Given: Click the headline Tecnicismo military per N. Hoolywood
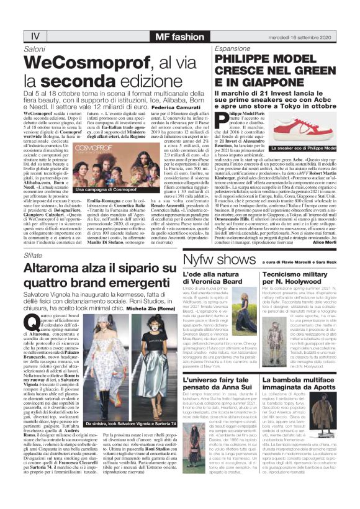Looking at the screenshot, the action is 295,276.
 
